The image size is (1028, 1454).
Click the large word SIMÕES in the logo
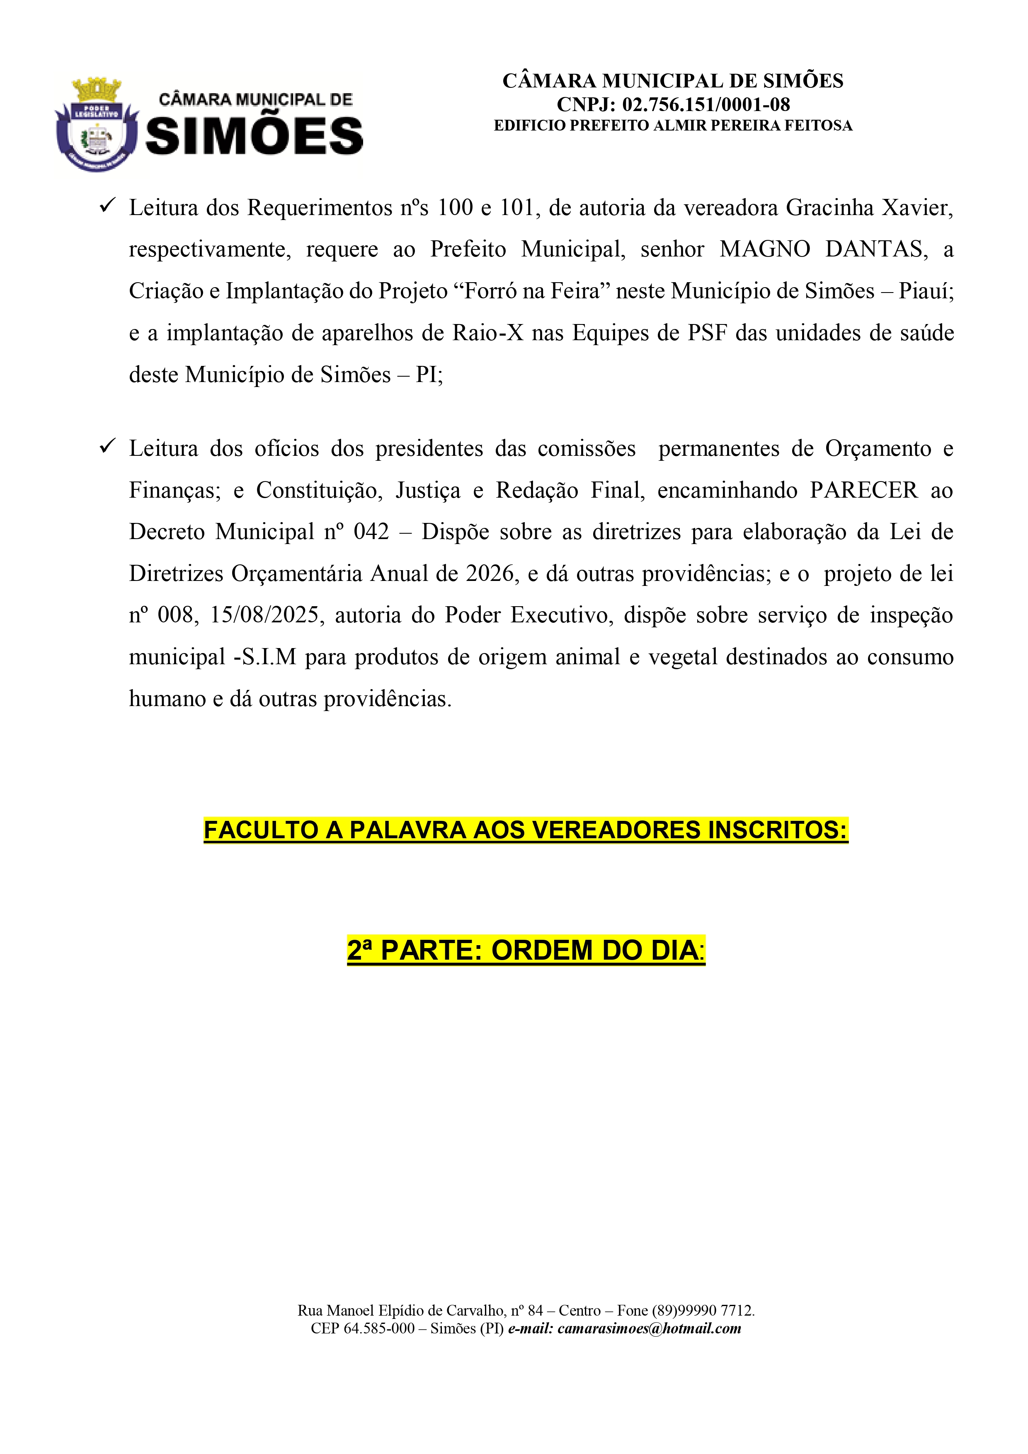255,136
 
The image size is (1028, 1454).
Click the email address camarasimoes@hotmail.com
649,1328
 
